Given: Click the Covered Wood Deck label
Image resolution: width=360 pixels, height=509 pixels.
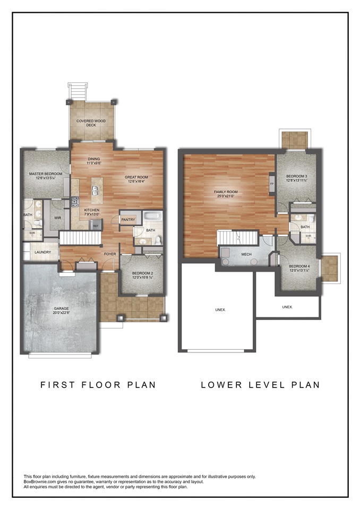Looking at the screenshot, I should (x=91, y=123).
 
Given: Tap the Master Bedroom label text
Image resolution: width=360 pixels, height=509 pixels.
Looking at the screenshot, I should (x=46, y=174).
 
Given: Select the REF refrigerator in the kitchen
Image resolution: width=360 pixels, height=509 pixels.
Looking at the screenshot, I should (x=96, y=226).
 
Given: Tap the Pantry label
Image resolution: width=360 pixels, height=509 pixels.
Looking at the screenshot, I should (x=128, y=219).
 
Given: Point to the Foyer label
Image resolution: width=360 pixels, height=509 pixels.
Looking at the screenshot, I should (x=110, y=254).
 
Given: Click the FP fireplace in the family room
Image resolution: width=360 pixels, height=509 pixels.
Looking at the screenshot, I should (x=272, y=184).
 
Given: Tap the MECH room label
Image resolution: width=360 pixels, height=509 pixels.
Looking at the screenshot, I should (x=246, y=254).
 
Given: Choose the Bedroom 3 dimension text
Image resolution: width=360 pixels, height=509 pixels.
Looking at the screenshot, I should (x=297, y=181).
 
